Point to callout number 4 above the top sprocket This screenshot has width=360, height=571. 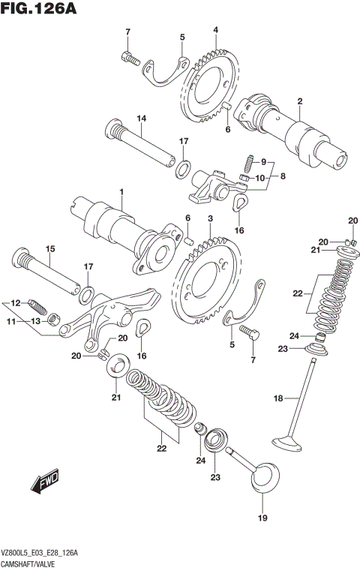pos(215,30)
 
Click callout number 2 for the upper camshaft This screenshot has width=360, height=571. pos(299,101)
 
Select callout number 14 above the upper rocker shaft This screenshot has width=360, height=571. pos(140,119)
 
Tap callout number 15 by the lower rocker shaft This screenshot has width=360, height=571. pos(50,248)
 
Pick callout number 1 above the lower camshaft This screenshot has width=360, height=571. pos(120,193)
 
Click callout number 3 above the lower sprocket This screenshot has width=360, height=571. pos(211,218)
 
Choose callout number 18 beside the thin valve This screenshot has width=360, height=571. pos(279,398)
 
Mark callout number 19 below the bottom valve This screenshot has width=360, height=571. pos(262,518)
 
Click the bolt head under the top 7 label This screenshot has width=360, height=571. pos(130,56)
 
